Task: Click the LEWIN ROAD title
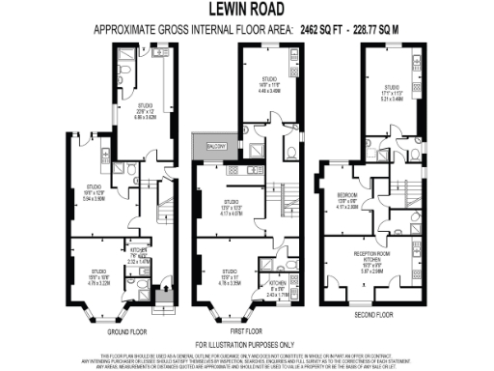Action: (246, 10)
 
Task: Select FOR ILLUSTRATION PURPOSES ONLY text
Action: (246, 345)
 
